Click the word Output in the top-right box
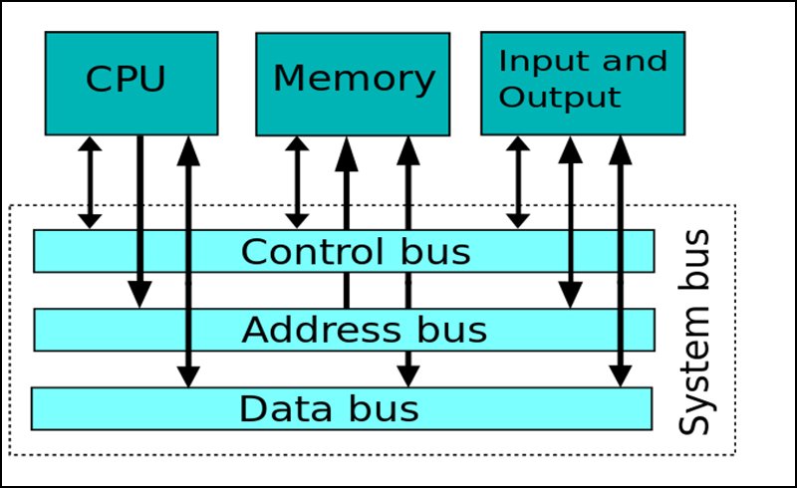click(560, 98)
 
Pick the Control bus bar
click(344, 251)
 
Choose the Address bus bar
click(344, 329)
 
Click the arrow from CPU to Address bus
click(139, 209)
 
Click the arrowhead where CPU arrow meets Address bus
click(139, 295)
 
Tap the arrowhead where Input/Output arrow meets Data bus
click(620, 375)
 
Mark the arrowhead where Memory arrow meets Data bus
click(406, 375)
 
